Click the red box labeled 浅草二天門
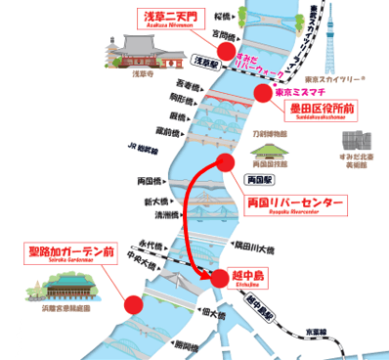[x=170, y=18]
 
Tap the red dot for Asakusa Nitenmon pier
[x=227, y=52]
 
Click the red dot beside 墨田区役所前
[x=262, y=93]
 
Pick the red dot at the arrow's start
[x=226, y=162]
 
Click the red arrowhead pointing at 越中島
[x=208, y=276]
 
